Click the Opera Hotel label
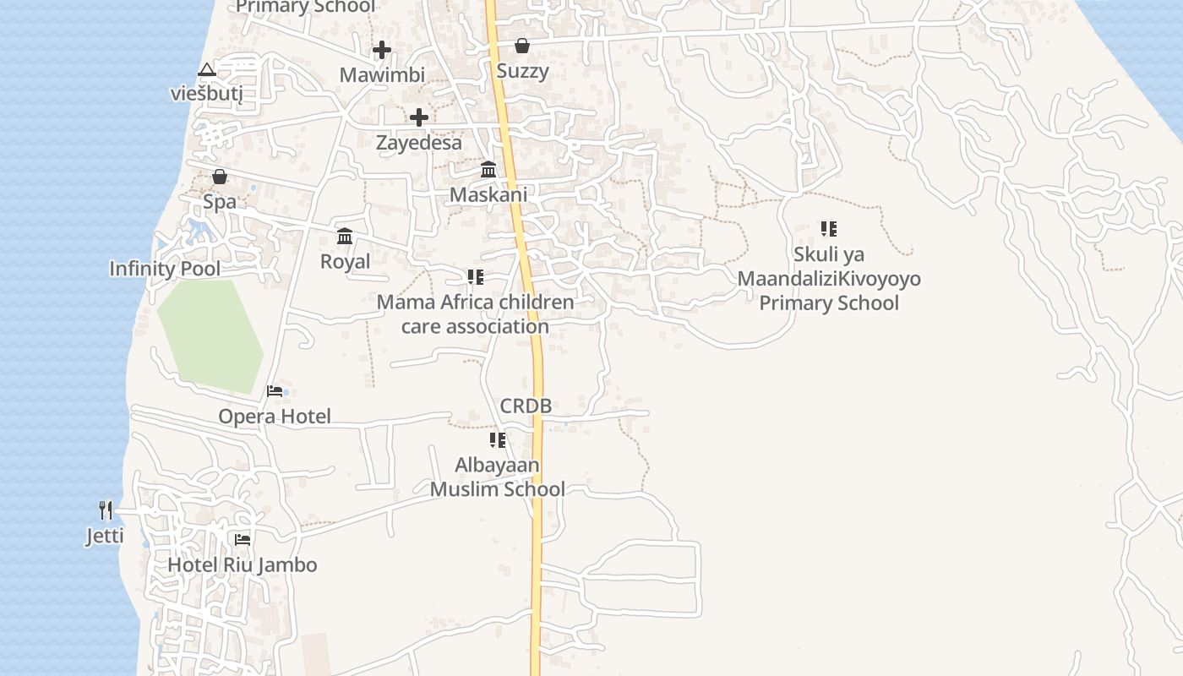pyautogui.click(x=275, y=416)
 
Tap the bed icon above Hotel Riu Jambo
pyautogui.click(x=243, y=539)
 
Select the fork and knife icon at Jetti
pyautogui.click(x=106, y=510)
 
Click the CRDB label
pyautogui.click(x=526, y=406)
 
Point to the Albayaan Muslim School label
pyautogui.click(x=498, y=477)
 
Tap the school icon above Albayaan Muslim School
pyautogui.click(x=498, y=439)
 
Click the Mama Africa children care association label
pyautogui.click(x=475, y=313)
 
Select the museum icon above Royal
pyautogui.click(x=345, y=236)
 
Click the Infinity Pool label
pyautogui.click(x=165, y=269)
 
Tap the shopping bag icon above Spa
pyautogui.click(x=220, y=177)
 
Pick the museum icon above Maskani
pyautogui.click(x=488, y=170)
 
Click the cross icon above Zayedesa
pyautogui.click(x=418, y=117)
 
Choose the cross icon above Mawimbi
pyautogui.click(x=382, y=50)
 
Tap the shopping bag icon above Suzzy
pyautogui.click(x=522, y=46)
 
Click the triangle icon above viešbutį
pyautogui.click(x=207, y=69)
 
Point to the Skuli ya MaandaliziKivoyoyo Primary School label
pyautogui.click(x=829, y=278)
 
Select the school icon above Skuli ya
pyautogui.click(x=829, y=228)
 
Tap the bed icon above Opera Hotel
pyautogui.click(x=275, y=390)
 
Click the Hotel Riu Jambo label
pyautogui.click(x=243, y=564)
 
